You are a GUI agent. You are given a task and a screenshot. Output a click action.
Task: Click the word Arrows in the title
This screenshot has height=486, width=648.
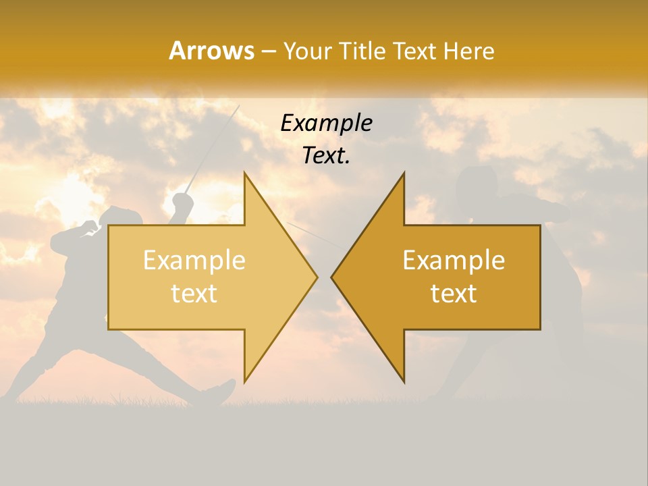click(x=211, y=51)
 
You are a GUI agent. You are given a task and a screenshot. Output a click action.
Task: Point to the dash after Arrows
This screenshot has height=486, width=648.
click(x=268, y=51)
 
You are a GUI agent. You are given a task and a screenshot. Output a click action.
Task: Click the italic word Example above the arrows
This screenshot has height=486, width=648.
click(x=326, y=123)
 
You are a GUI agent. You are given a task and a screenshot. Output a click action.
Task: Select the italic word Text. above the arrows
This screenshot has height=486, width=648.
click(x=326, y=156)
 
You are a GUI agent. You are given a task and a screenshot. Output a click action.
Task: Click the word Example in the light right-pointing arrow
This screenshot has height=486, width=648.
click(x=194, y=260)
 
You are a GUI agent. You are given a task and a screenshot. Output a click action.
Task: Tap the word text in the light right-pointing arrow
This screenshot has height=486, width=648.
click(x=194, y=293)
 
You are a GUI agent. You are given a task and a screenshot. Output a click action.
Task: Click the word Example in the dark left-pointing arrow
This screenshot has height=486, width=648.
click(x=454, y=260)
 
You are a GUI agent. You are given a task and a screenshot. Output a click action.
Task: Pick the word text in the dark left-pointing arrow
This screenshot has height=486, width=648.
click(x=454, y=293)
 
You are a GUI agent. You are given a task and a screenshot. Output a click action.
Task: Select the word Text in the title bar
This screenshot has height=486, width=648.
click(x=414, y=51)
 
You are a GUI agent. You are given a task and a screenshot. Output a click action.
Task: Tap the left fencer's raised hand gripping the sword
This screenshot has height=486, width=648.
click(x=180, y=200)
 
